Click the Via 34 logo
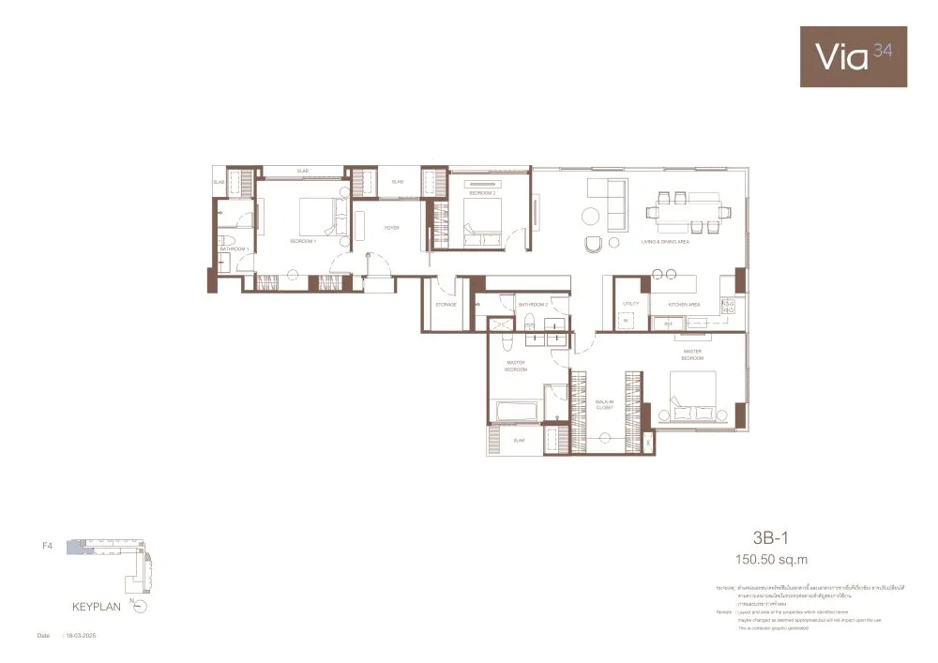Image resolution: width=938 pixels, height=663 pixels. click(853, 56)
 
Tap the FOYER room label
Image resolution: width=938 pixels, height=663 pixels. click(392, 227)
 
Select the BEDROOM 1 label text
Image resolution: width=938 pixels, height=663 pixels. click(303, 241)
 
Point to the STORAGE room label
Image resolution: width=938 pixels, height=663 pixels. click(446, 305)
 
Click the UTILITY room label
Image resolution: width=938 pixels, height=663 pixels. click(629, 305)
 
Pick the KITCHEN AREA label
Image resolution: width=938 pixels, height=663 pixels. click(684, 305)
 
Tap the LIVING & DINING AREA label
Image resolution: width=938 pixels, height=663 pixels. click(665, 242)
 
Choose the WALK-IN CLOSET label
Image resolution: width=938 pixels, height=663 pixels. click(604, 405)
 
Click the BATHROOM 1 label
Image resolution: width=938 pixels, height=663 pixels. click(234, 249)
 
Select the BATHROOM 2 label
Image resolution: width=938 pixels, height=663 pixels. click(533, 305)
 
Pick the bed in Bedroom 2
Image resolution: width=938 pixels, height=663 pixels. click(482, 220)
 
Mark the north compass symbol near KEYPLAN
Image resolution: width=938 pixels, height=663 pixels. click(140, 607)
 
